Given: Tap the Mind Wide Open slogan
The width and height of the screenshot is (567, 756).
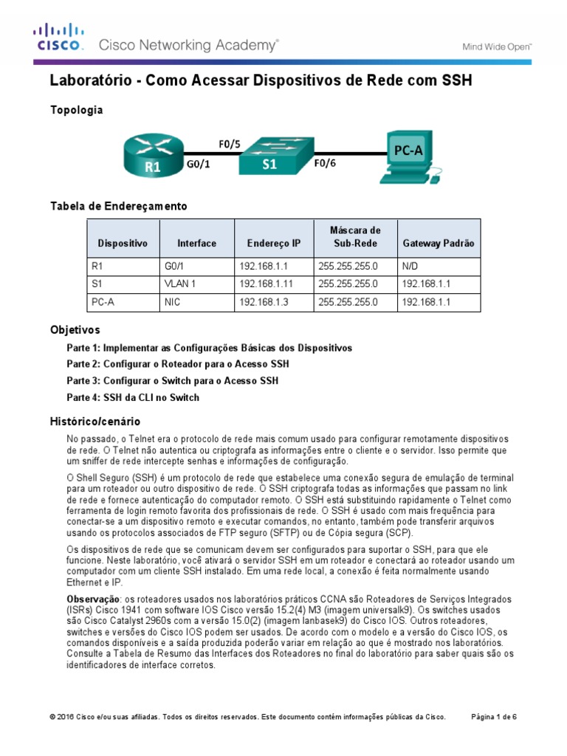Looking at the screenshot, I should click(497, 46).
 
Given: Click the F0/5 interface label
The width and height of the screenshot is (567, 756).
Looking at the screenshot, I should click(230, 144).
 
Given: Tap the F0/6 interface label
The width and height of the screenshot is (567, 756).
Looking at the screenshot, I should click(325, 163).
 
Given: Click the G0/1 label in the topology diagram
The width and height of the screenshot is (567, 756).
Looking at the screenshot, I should click(199, 165).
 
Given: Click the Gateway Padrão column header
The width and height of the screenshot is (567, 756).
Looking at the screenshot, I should click(439, 243).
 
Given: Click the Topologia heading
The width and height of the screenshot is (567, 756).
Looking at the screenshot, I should click(76, 110).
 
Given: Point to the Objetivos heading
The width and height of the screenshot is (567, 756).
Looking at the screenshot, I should click(75, 330).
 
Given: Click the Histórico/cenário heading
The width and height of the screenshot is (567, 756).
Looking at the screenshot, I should click(94, 422).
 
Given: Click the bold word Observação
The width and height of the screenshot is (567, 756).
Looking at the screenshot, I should click(93, 597).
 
